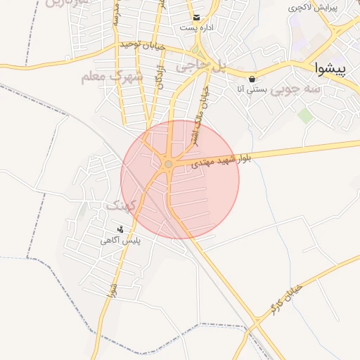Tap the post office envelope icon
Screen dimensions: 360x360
196,18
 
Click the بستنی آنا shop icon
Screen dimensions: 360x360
252,78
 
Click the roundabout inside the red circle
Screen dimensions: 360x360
168,165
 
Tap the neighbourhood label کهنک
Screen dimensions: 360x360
118,205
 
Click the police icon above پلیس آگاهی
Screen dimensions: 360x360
120,229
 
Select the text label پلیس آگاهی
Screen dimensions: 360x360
120,240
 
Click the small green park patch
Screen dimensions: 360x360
305,115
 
